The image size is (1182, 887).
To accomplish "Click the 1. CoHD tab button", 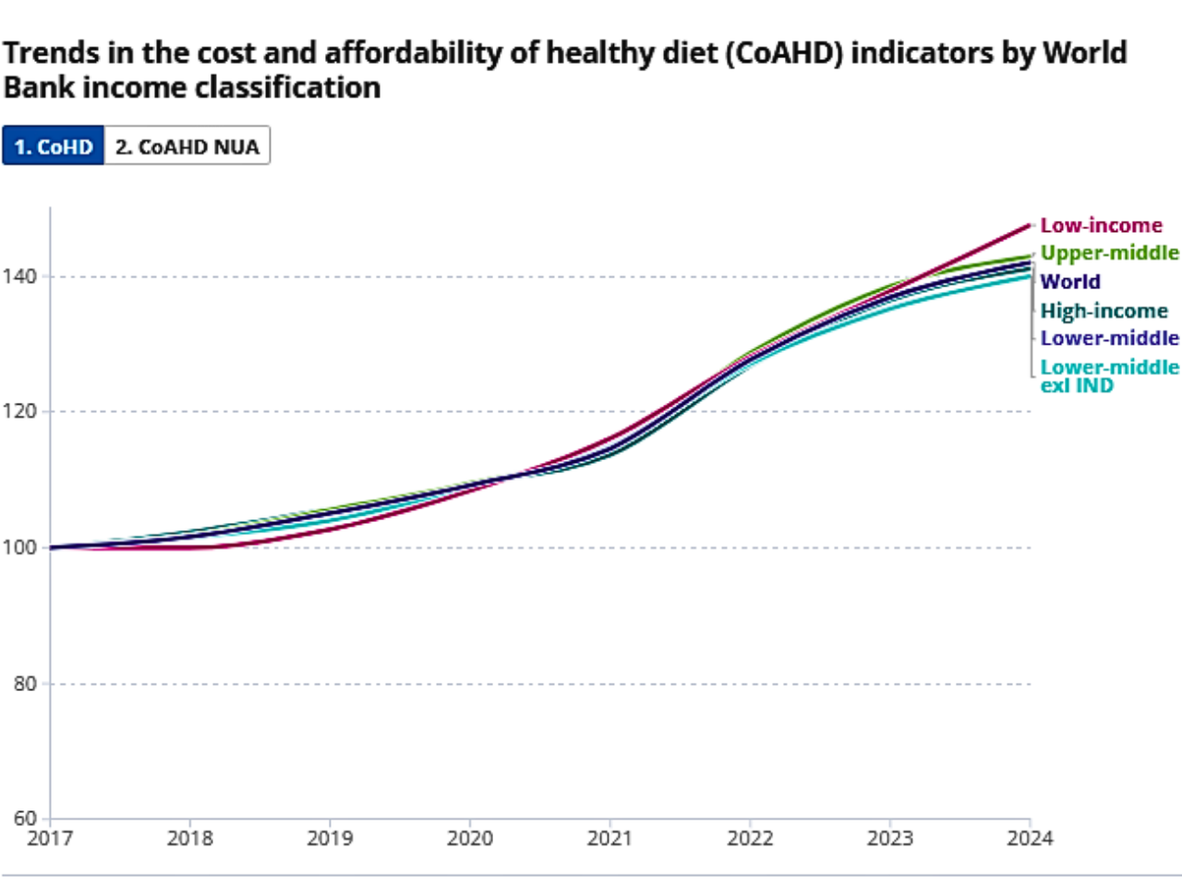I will pos(54,147).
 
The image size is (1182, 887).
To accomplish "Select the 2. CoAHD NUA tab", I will pos(187,147).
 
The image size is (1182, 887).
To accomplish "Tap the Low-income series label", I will pos(1101,225).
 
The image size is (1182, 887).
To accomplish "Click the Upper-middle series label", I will pos(1109,253).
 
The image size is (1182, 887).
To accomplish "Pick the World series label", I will pos(1070,282).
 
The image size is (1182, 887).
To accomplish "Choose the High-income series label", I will pos(1104,310).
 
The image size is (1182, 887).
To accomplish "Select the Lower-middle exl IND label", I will pos(1109,376).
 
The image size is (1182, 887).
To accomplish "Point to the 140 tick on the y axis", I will pos(19,276).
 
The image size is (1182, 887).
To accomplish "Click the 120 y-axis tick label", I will pos(19,411).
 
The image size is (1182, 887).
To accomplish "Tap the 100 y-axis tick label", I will pos(19,547).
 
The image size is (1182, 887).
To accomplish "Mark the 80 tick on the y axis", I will pos(25,684).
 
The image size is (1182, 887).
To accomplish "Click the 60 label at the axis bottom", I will pos(25,818).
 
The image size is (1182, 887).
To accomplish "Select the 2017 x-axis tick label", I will pos(50,839).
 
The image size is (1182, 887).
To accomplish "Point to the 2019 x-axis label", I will pos(330,839).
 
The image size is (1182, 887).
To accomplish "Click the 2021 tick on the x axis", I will pos(609,839).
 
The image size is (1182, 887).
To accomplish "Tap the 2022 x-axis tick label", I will pos(750,839).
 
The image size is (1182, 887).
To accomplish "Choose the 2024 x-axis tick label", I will pos(1030,839).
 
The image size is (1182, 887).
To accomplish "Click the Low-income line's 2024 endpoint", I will pos(1029,225).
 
